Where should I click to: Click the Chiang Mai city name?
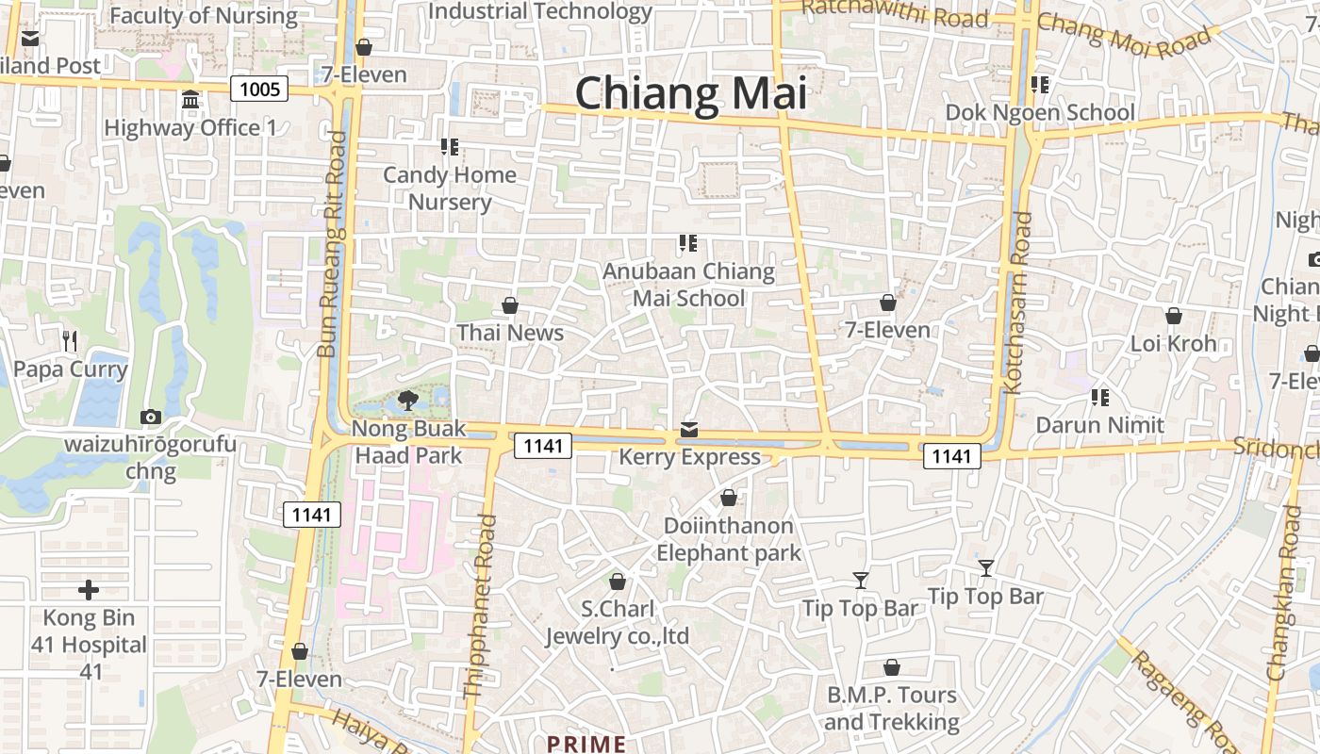click(691, 93)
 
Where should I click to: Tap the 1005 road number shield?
click(259, 90)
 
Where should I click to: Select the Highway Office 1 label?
click(190, 127)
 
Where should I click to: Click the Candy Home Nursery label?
click(450, 188)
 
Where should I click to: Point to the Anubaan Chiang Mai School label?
click(688, 285)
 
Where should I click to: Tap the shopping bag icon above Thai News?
click(510, 305)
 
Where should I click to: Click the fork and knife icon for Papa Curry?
click(69, 340)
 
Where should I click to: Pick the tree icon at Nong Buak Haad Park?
click(408, 401)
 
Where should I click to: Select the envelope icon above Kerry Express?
click(689, 430)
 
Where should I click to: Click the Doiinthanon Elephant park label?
click(729, 538)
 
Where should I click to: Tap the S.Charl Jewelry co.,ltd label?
click(618, 622)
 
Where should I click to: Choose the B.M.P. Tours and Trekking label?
click(891, 709)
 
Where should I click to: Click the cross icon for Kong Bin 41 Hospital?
click(89, 591)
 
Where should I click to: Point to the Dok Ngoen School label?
click(1040, 112)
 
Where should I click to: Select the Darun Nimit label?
click(1100, 425)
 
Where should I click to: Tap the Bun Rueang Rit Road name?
click(332, 245)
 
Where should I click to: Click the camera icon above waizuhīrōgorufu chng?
click(150, 417)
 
